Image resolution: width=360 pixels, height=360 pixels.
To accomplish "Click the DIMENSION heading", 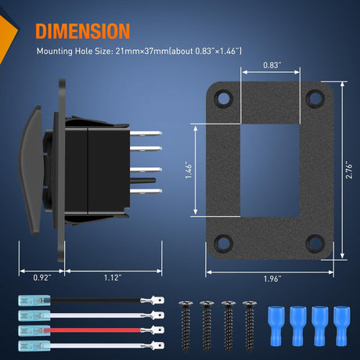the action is click(x=83, y=31).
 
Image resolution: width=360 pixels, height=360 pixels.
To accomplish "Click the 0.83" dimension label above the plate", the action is click(x=272, y=65).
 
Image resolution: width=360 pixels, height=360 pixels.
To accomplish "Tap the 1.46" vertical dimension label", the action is click(x=189, y=171).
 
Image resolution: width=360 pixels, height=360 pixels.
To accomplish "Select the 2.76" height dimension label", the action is click(x=349, y=171).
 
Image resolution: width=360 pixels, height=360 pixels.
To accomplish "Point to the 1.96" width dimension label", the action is click(x=272, y=279).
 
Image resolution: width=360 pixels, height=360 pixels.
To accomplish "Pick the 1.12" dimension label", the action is click(x=113, y=278).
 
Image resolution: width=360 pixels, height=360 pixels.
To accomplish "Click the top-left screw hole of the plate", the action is click(x=223, y=99).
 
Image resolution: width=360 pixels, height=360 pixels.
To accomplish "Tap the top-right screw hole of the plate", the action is click(x=315, y=99).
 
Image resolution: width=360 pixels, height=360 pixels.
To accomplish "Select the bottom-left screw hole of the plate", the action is click(x=223, y=243).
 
